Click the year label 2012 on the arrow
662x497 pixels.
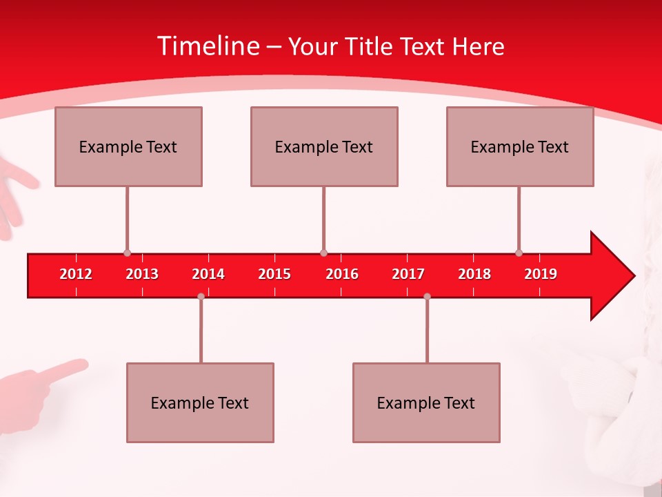tap(76, 274)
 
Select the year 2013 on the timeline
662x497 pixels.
tap(142, 274)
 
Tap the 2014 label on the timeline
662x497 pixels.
tap(208, 274)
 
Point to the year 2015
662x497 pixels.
tap(274, 274)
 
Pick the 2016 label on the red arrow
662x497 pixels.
tap(342, 274)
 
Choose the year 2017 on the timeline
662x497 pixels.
tap(408, 274)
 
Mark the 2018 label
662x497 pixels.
tap(474, 274)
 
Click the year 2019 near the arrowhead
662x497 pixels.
tap(541, 274)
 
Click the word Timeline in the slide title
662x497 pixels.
tap(208, 46)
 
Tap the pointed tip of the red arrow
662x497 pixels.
tap(632, 275)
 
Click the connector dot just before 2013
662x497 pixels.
tap(127, 253)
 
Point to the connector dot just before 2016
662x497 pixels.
tap(323, 253)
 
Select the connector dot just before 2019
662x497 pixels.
tap(519, 253)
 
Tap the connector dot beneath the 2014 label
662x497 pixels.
tap(201, 297)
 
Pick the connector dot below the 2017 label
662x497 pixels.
tap(427, 297)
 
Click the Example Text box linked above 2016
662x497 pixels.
tap(324, 146)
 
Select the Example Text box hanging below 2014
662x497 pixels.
tap(200, 402)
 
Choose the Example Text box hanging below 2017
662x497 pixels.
tap(426, 402)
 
